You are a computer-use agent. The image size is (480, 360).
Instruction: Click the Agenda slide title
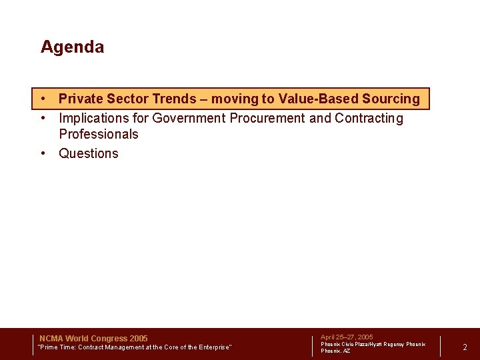(72, 47)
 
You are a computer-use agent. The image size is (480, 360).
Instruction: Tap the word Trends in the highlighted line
(175, 99)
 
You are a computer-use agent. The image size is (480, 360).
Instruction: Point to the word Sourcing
(391, 99)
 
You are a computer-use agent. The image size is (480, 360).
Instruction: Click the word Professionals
(99, 134)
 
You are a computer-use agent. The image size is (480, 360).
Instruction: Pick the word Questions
(89, 153)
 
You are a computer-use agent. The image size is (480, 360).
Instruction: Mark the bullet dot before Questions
(43, 153)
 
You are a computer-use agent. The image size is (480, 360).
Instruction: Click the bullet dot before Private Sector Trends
(43, 99)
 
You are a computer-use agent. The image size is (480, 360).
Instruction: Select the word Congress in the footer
(110, 339)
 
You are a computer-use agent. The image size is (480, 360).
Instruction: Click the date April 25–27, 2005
(347, 337)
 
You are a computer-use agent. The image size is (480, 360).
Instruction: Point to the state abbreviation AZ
(346, 351)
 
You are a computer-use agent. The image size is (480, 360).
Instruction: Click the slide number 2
(465, 347)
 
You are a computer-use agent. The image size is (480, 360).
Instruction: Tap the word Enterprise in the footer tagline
(211, 347)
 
